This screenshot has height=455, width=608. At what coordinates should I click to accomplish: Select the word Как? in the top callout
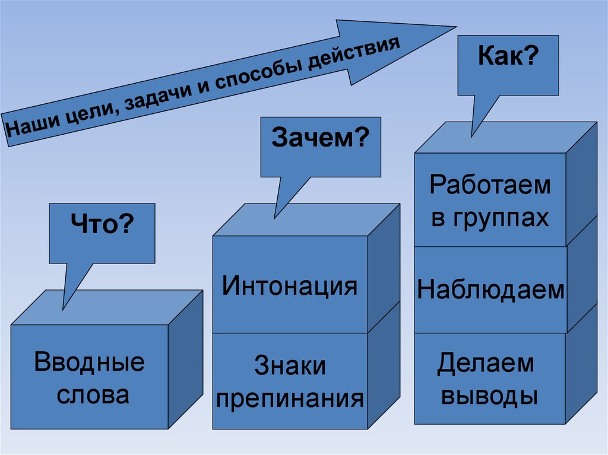[508, 58]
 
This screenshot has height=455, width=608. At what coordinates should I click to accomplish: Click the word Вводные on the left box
[90, 362]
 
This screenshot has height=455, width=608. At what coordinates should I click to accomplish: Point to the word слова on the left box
[93, 394]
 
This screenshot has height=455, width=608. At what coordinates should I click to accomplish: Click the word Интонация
[290, 286]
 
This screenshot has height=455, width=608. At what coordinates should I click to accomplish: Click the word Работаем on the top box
[490, 185]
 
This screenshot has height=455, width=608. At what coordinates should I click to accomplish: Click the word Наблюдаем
[490, 291]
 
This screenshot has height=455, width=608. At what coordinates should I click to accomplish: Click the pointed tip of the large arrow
[455, 27]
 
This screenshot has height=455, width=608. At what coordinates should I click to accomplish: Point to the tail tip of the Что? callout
[63, 309]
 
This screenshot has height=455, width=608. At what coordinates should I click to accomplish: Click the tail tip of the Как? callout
[473, 137]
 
